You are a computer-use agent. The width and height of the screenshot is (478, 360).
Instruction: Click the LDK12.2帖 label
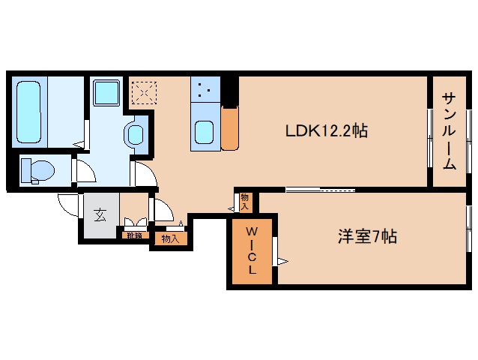pos(325,131)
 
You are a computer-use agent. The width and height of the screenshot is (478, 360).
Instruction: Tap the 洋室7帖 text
pos(366,237)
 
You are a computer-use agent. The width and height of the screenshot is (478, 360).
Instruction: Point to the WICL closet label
pos(252,249)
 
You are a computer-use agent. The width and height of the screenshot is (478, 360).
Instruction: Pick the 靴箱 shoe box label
pos(134,235)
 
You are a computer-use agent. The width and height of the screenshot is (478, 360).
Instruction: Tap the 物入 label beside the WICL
pos(245,200)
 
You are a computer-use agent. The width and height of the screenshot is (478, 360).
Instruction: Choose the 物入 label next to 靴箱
pos(169,239)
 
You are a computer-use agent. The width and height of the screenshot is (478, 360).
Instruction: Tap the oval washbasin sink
pos(136,135)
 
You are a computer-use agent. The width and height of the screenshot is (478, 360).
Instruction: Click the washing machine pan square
pos(106,94)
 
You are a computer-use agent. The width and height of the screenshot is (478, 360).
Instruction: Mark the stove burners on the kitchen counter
pos(204,91)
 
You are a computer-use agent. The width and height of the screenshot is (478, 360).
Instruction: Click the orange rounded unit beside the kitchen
pos(229,127)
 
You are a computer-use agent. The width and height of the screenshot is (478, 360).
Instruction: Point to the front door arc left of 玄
pos(68,204)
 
